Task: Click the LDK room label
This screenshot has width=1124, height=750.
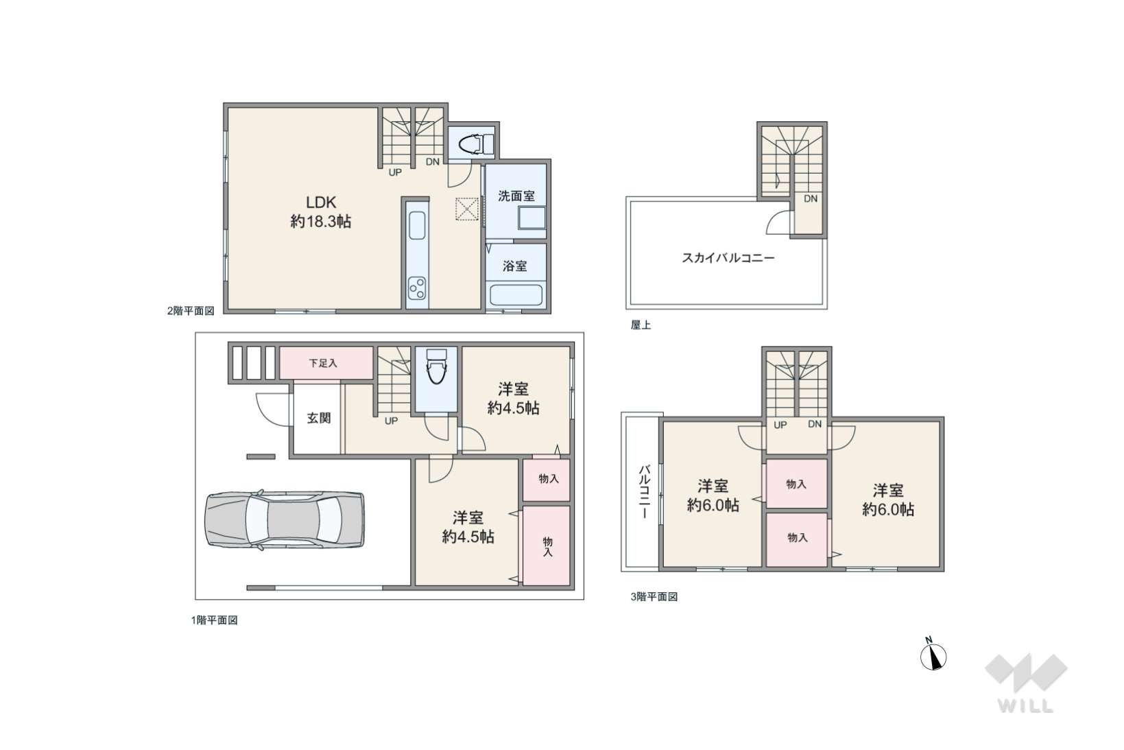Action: pos(321,202)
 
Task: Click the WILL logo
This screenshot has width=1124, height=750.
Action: pos(1026,683)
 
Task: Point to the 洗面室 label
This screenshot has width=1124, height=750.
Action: pos(516,196)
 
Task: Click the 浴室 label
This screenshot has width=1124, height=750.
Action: pos(515,266)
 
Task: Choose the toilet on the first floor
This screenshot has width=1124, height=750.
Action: pos(435,366)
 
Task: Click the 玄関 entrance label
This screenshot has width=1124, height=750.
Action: pos(319,418)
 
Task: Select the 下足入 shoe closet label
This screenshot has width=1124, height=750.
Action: pos(322,363)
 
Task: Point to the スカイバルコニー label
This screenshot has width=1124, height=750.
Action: pos(728,258)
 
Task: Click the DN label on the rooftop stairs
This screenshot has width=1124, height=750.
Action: pos(811,199)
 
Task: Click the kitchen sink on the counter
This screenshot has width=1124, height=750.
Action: pos(418,226)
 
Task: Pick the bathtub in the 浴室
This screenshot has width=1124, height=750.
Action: pos(516,294)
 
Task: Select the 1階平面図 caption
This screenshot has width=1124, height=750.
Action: pos(214,620)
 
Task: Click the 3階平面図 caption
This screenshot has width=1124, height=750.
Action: pos(654,596)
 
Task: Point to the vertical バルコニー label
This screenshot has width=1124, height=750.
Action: pos(644,491)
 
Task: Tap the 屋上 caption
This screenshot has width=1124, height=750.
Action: pos(641,325)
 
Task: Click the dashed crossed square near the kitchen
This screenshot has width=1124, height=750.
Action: pos(466,209)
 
